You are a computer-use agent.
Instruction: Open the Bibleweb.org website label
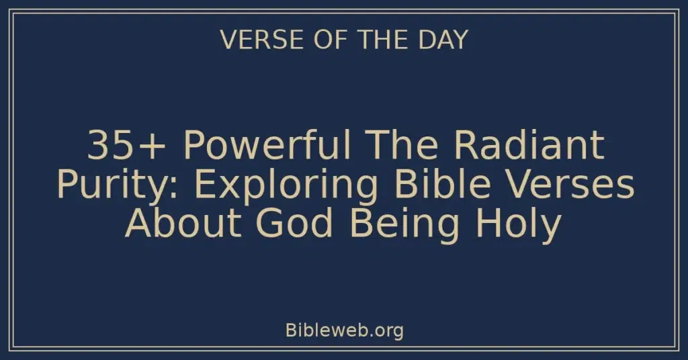pos(344,330)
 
